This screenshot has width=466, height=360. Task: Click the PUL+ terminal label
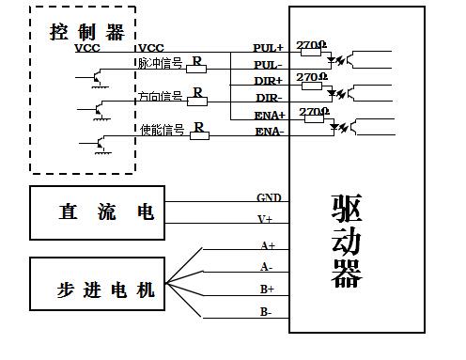(269, 46)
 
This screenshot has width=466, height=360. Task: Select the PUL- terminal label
(269, 65)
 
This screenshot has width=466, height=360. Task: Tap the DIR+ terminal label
(269, 82)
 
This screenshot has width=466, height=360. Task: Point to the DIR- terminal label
(269, 98)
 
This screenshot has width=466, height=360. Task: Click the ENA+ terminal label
(269, 114)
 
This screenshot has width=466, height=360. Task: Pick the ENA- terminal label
(270, 132)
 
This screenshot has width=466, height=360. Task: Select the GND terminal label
(269, 198)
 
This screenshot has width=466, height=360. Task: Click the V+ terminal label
(266, 219)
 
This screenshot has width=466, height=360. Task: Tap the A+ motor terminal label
(268, 244)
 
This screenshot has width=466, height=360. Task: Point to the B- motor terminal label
(267, 310)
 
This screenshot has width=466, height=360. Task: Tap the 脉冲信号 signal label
(160, 63)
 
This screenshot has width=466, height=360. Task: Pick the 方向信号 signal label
(160, 96)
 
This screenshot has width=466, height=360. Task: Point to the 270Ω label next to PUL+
(311, 44)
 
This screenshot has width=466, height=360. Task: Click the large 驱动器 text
(347, 243)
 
